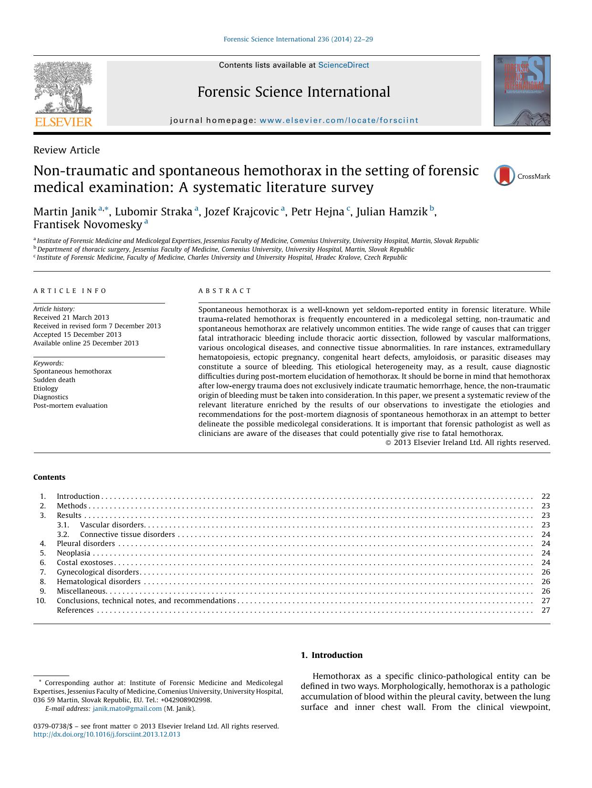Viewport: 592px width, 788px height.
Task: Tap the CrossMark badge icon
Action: (x=504, y=176)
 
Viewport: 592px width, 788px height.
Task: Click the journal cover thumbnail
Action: (x=522, y=91)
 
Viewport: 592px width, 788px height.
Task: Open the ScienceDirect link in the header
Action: (x=343, y=65)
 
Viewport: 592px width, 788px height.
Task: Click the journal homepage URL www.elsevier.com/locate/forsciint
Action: (x=339, y=121)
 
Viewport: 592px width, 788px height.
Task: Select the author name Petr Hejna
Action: (x=317, y=212)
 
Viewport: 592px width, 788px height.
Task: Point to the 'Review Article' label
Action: (x=66, y=150)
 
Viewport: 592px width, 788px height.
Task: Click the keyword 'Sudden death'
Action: (x=54, y=380)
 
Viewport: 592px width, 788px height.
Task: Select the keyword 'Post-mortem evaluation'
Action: (x=71, y=405)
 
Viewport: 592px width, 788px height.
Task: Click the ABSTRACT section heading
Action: (x=225, y=291)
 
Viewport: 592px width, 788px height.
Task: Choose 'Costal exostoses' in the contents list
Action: (x=85, y=563)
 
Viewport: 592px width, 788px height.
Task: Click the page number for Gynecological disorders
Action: (x=546, y=572)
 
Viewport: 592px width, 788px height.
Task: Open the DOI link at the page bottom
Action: (x=107, y=734)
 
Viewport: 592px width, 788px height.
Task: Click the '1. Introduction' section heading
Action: (x=332, y=655)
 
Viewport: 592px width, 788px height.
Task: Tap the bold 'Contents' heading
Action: (x=49, y=477)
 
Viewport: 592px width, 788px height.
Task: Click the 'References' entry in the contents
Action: (x=75, y=610)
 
